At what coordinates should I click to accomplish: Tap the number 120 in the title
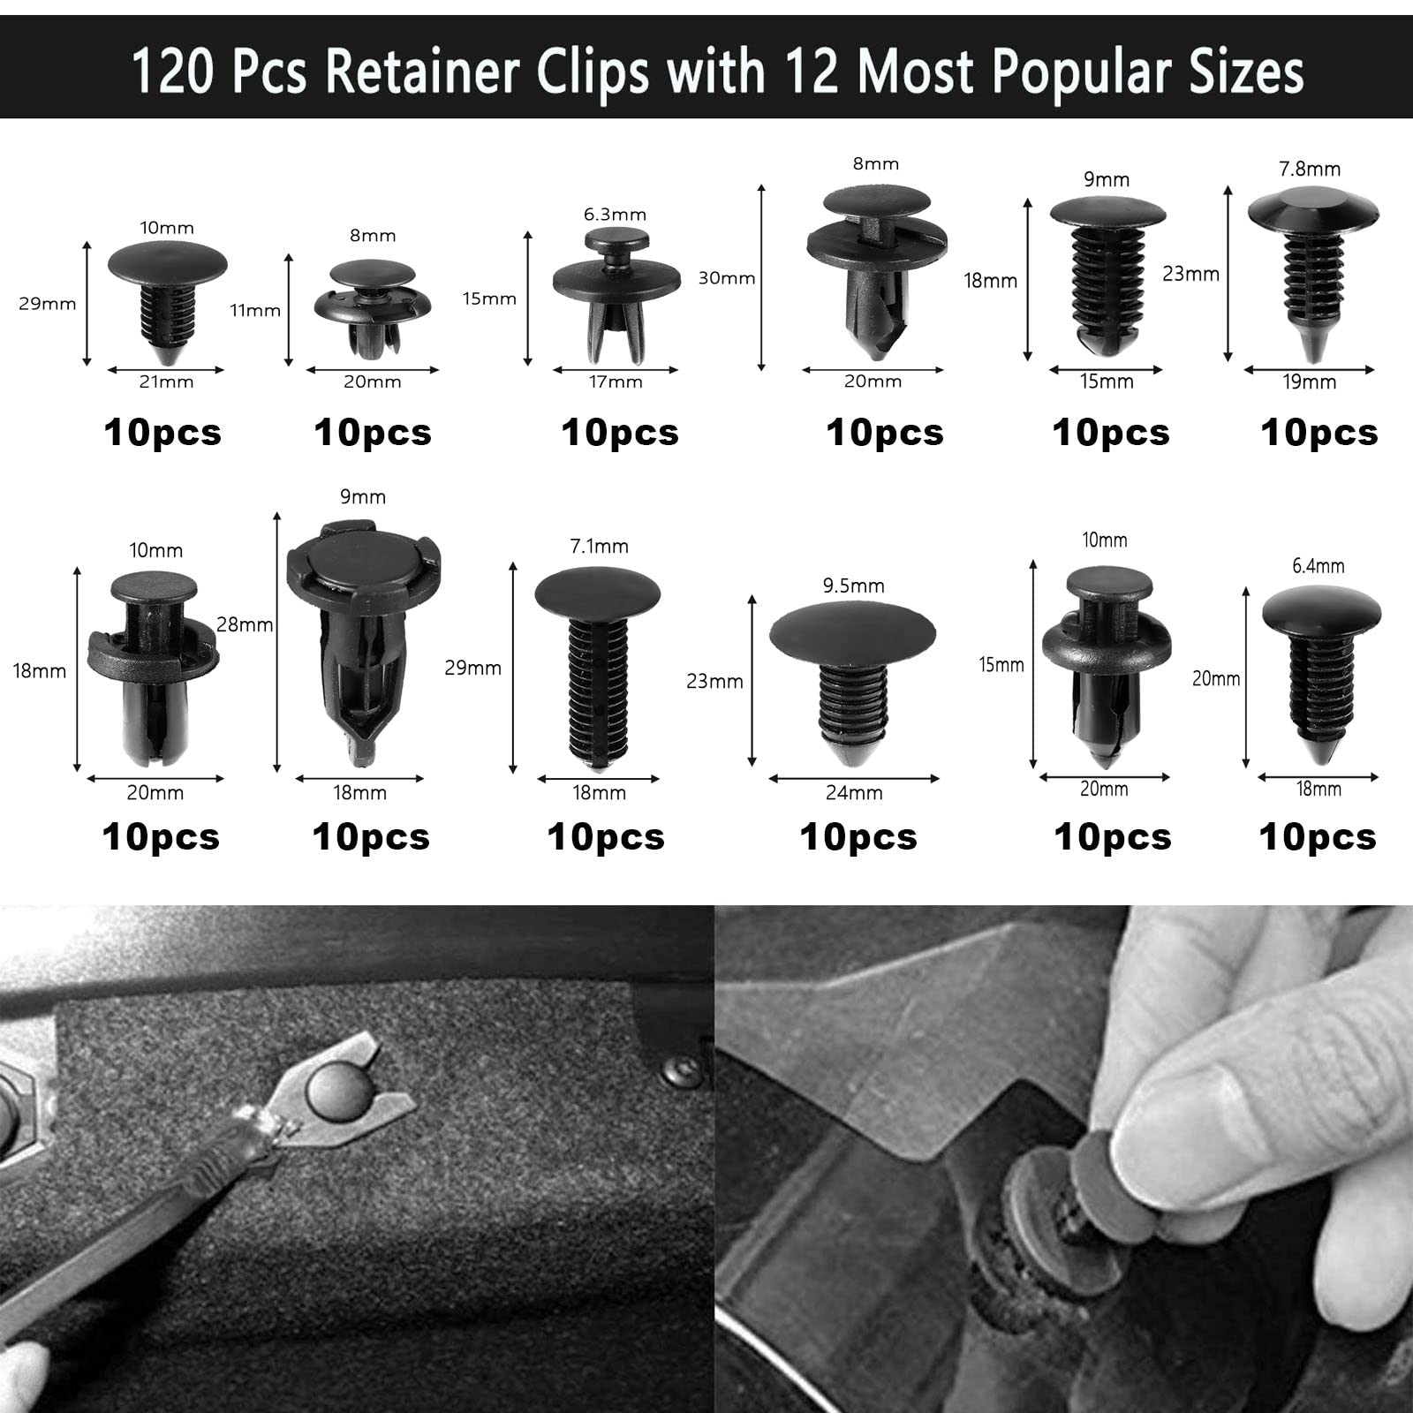173,71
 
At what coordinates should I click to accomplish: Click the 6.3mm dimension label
615,215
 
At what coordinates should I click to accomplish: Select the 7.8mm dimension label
1310,169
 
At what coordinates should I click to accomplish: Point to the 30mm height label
727,278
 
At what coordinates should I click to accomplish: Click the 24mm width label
854,793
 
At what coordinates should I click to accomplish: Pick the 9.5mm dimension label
853,586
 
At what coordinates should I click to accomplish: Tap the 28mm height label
245,624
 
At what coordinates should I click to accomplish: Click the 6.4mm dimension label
1318,566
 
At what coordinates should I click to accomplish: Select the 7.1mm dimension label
599,547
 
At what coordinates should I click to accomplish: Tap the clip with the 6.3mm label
616,291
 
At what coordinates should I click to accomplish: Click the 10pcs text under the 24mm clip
858,837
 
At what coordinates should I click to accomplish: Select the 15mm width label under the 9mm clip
1107,382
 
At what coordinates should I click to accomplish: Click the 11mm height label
255,310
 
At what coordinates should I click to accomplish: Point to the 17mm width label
616,382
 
